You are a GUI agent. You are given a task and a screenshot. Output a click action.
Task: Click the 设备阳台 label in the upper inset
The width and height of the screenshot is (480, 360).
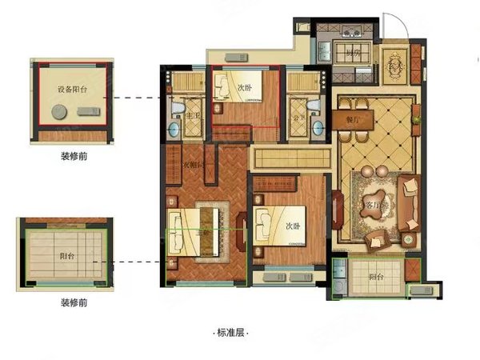pyautogui.click(x=70, y=90)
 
